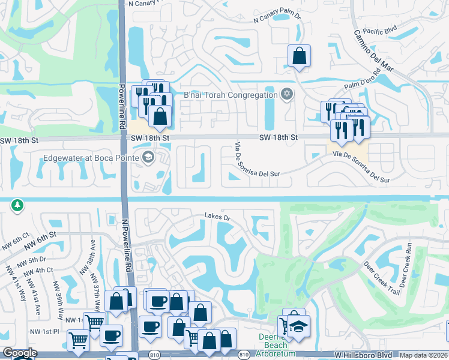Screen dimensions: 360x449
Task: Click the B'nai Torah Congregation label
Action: click(230, 94)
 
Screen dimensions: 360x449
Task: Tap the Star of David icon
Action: click(287, 94)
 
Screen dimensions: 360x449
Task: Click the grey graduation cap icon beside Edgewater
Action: click(148, 157)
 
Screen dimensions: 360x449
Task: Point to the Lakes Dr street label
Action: click(217, 216)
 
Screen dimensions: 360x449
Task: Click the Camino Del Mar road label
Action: click(373, 51)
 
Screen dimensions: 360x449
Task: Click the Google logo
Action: click(20, 353)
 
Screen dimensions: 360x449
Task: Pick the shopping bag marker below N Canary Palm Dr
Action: click(299, 56)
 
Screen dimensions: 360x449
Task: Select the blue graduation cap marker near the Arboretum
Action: click(297, 328)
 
